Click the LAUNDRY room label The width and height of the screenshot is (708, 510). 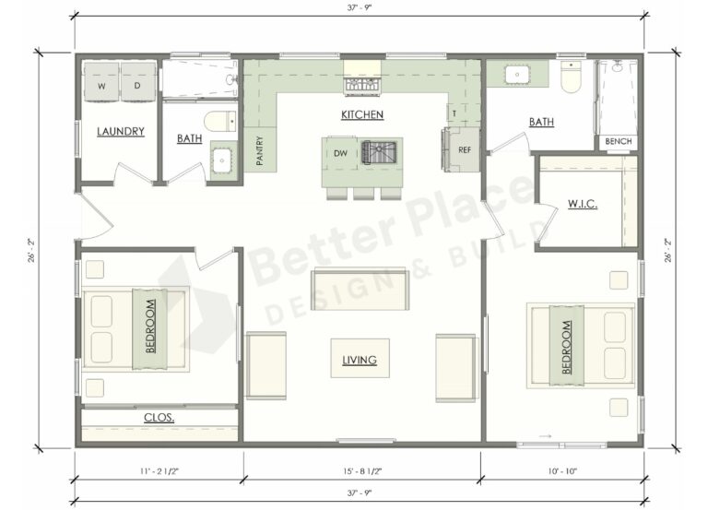(x=121, y=132)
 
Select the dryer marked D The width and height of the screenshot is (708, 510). (x=137, y=86)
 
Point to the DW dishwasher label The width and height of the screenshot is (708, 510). (x=340, y=153)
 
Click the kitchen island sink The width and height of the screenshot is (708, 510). (x=378, y=151)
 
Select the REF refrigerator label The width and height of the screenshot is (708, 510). (x=465, y=149)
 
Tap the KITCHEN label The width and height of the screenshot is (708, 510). (x=362, y=115)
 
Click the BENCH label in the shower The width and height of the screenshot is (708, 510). (x=619, y=142)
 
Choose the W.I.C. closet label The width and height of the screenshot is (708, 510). (x=583, y=203)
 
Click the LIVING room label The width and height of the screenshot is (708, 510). (x=360, y=360)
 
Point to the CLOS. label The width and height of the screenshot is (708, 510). (x=159, y=418)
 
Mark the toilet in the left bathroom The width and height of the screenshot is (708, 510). (x=218, y=120)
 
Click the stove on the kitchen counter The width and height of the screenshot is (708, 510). (x=362, y=87)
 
